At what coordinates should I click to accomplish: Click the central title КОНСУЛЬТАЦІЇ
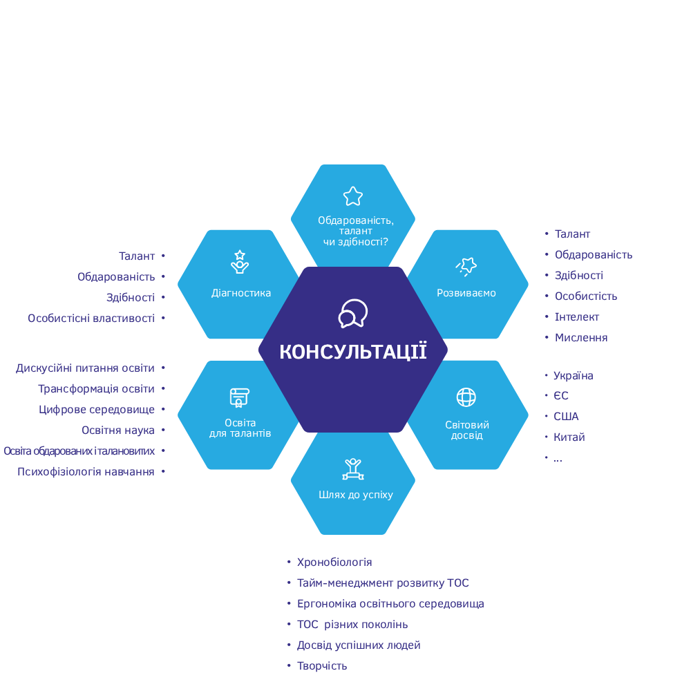(353, 352)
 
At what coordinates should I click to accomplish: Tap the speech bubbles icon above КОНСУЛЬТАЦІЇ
(353, 314)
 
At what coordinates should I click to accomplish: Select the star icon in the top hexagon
(353, 196)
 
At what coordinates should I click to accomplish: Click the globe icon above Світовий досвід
(466, 397)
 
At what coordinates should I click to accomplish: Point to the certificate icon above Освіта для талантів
(239, 398)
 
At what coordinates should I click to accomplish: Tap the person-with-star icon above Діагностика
(240, 262)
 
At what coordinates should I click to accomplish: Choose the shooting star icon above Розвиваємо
(466, 265)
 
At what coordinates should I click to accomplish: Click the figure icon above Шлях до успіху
(353, 468)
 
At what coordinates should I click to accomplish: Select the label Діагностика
(241, 293)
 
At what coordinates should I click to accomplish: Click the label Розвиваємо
(466, 293)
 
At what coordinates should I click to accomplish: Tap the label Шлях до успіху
(356, 495)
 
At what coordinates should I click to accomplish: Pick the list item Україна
(574, 376)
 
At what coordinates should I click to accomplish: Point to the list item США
(566, 417)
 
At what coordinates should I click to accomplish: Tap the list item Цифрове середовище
(97, 410)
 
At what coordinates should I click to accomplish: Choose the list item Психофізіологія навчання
(86, 472)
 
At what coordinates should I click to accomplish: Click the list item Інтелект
(577, 317)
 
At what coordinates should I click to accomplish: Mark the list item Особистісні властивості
(91, 319)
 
